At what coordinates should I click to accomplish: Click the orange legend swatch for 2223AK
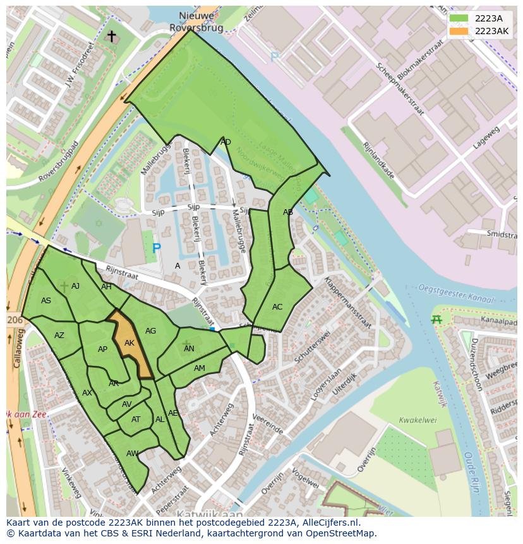pos(459,31)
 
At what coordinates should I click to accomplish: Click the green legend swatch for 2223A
pos(459,18)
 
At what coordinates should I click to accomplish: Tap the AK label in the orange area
pos(129,343)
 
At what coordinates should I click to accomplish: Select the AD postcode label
pos(225,142)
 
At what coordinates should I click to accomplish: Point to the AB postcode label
pos(288,212)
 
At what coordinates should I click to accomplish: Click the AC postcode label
pos(277,307)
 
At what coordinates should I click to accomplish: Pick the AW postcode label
pos(132,454)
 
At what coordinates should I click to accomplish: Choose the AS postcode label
pos(46,301)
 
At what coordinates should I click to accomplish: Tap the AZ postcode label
pos(59,335)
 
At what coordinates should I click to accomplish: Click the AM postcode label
pos(200,368)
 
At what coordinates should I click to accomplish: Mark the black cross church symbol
pos(112,37)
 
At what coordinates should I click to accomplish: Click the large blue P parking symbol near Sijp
pos(156,249)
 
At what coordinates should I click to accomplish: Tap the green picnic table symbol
pos(436,320)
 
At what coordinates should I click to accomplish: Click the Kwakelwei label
pos(418,420)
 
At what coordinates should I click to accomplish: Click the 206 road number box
pos(15,320)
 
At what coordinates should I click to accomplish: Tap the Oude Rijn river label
pos(471,470)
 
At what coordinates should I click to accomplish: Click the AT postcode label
pos(136,420)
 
